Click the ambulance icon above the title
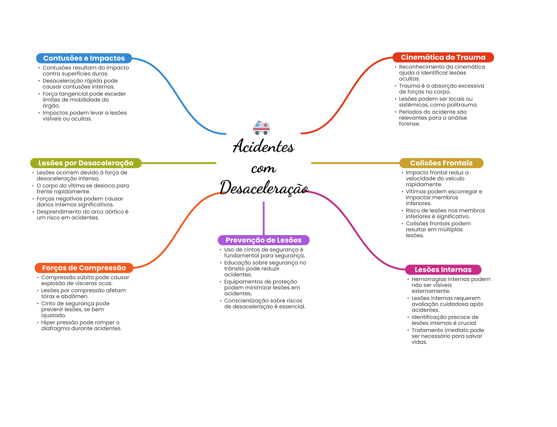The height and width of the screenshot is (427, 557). pyautogui.click(x=261, y=128)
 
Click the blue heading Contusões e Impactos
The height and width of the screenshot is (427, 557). pyautogui.click(x=84, y=58)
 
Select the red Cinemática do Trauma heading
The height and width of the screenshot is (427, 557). pyautogui.click(x=443, y=57)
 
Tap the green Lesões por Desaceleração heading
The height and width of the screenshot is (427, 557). pyautogui.click(x=86, y=163)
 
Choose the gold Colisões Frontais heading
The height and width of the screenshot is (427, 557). pyautogui.click(x=441, y=163)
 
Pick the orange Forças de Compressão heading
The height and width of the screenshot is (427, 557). pyautogui.click(x=84, y=268)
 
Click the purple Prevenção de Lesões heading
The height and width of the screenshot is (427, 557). pyautogui.click(x=263, y=240)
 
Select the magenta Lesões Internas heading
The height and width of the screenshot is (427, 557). pyautogui.click(x=443, y=270)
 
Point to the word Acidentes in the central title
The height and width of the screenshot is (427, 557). pyautogui.click(x=264, y=146)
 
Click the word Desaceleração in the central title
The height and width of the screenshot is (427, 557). pyautogui.click(x=264, y=188)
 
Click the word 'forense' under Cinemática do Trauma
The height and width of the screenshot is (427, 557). pyautogui.click(x=409, y=124)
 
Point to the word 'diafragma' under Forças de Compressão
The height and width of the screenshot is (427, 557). pyautogui.click(x=53, y=328)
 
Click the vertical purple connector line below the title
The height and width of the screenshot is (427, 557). pyautogui.click(x=264, y=218)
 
